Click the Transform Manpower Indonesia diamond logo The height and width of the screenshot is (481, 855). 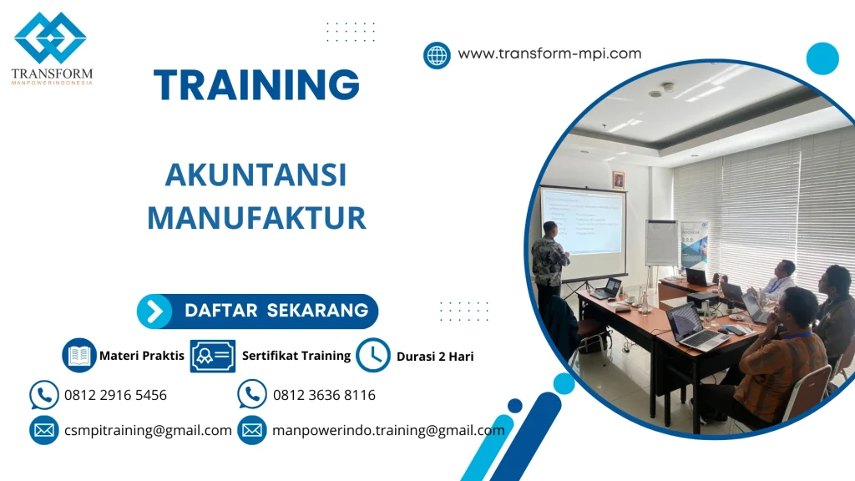tap(50, 38)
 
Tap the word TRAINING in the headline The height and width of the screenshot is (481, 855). tap(256, 84)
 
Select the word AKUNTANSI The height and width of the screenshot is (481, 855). tap(255, 175)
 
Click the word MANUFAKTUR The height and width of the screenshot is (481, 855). tap(256, 218)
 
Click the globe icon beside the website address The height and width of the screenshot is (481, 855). tap(437, 55)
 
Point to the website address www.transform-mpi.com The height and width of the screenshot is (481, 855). tap(549, 53)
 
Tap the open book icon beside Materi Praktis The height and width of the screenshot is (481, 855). tap(79, 356)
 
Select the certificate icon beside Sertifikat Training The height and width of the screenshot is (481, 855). tap(212, 356)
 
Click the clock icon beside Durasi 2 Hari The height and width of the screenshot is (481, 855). tap(373, 356)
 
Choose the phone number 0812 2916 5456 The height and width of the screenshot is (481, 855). tap(115, 395)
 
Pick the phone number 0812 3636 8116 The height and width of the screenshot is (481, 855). tap(324, 395)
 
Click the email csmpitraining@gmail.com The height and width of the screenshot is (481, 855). tap(148, 431)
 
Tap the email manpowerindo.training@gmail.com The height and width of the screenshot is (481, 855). tap(388, 431)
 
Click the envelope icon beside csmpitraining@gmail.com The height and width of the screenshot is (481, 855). tap(43, 431)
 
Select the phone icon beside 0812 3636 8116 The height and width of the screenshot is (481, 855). tap(252, 395)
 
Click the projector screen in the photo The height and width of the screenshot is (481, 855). tap(583, 221)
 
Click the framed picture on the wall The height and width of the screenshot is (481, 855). tap(618, 180)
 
